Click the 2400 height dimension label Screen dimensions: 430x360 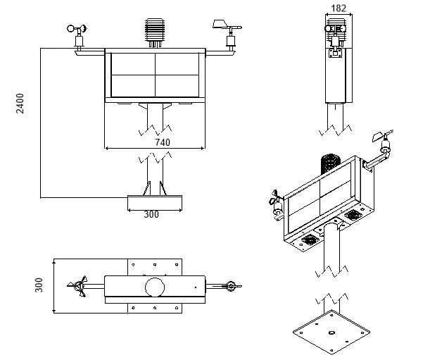point(20,104)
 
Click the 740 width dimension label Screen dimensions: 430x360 point(163,142)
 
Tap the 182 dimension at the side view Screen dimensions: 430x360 point(339,8)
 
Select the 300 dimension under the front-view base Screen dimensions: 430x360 point(151,214)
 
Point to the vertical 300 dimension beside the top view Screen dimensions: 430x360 point(39,285)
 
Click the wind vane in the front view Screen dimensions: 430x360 point(228,35)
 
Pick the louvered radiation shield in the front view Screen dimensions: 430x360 point(155,32)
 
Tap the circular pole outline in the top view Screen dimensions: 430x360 point(155,287)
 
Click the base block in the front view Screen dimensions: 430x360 point(155,203)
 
